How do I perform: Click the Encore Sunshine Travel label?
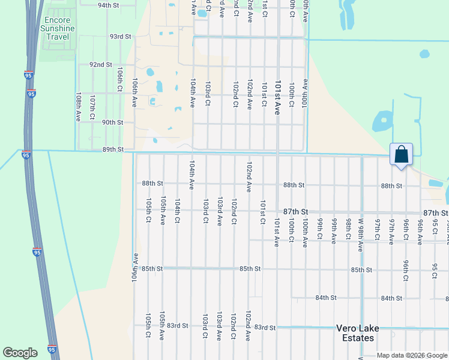coord(59,28)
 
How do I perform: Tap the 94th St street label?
coord(109,5)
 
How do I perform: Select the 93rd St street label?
coord(120,37)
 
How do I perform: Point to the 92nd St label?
coord(101,65)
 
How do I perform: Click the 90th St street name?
coord(112,122)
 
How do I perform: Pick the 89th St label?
coord(113,149)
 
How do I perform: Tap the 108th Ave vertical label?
coord(78,107)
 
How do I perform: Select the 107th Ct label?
coord(92,107)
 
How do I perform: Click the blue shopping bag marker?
coord(401,155)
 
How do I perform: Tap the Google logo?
coord(20,352)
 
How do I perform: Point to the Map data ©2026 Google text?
coord(412,355)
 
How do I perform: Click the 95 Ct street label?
coord(435,271)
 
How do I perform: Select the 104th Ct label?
coord(178,211)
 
